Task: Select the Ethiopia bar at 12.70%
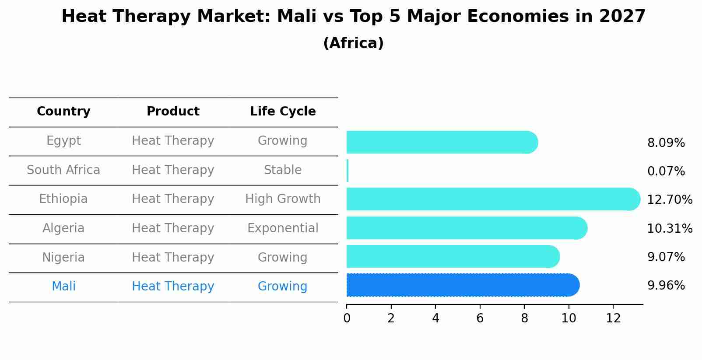[x=492, y=199]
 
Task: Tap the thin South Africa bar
[x=347, y=171]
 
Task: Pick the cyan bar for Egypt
[x=441, y=142]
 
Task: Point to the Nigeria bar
[x=452, y=256]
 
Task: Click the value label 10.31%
[x=669, y=228]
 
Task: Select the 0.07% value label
[x=666, y=171]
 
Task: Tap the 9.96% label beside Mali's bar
[x=666, y=285]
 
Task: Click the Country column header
[x=63, y=112]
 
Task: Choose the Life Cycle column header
[x=283, y=112]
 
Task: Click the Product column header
[x=173, y=112]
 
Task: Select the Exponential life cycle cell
[x=283, y=228]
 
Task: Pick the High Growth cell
[x=283, y=199]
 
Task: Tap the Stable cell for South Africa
[x=283, y=170]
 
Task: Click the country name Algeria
[x=63, y=228]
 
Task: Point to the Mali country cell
[x=63, y=287]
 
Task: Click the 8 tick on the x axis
[x=524, y=318]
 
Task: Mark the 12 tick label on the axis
[x=613, y=318]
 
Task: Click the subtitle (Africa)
[x=353, y=43]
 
